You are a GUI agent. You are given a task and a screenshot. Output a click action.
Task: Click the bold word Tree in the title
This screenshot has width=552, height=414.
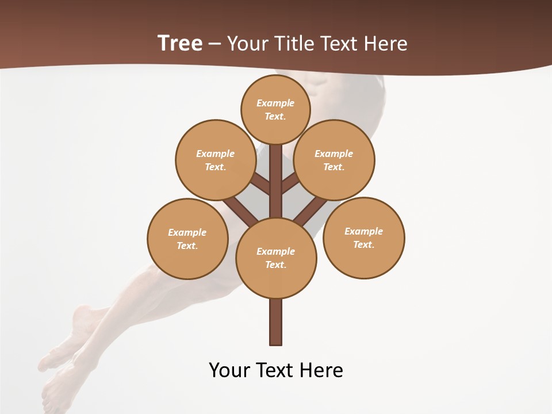pos(180,43)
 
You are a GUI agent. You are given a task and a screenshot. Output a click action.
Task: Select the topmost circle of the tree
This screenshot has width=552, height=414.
pos(275,109)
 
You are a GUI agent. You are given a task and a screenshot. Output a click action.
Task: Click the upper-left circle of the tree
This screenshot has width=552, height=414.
pos(216,160)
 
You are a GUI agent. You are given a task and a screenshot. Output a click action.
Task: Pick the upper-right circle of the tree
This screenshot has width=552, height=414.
pos(334,160)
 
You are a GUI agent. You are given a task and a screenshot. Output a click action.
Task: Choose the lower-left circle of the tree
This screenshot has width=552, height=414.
pos(187,239)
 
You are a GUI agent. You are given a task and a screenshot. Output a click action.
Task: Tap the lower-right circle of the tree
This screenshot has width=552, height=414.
pos(364,237)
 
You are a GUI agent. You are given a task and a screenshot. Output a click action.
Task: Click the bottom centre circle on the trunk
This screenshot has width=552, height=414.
pos(276,258)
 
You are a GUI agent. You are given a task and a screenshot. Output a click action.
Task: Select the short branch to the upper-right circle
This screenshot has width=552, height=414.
pos(290,183)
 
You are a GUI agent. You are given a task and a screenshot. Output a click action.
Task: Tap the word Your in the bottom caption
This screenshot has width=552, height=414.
pos(229,370)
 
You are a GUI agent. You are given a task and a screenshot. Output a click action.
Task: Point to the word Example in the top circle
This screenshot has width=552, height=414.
pos(275,103)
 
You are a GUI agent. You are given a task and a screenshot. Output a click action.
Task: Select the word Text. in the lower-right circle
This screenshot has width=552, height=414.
pos(364,244)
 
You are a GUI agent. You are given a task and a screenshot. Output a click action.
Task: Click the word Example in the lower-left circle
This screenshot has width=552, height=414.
pos(187,232)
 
